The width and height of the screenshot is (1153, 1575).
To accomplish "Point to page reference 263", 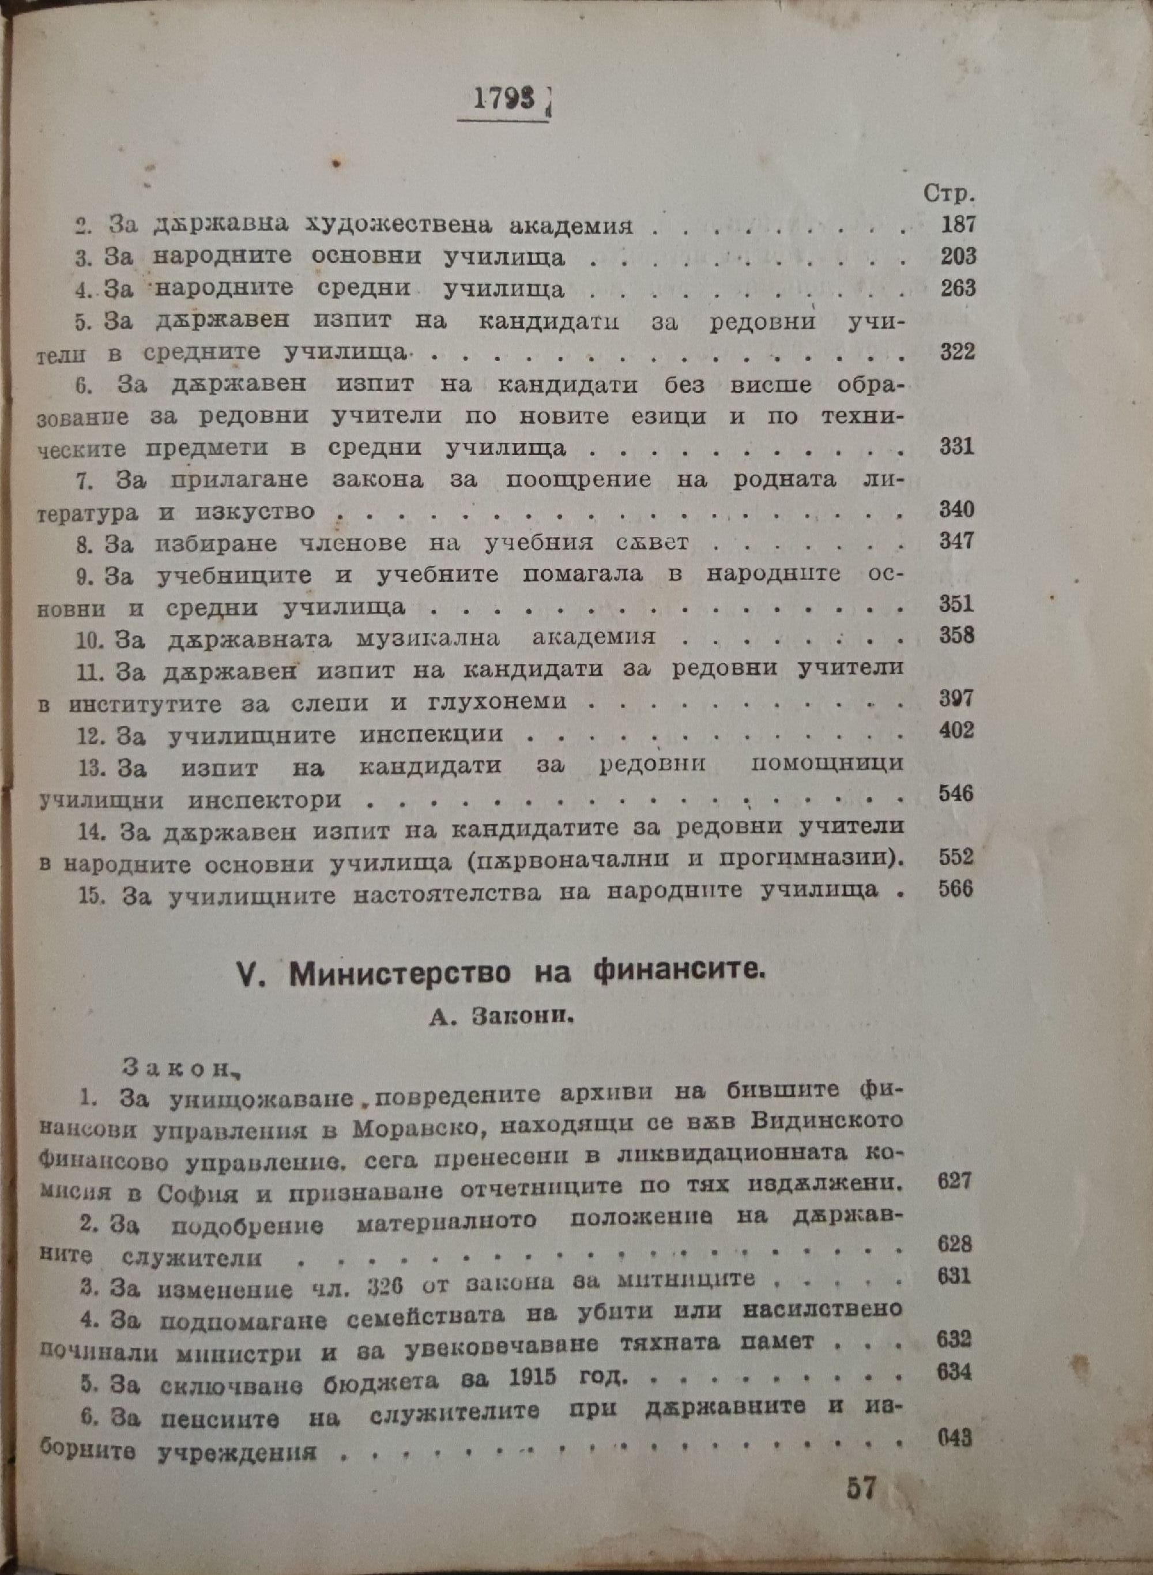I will (x=955, y=288).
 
